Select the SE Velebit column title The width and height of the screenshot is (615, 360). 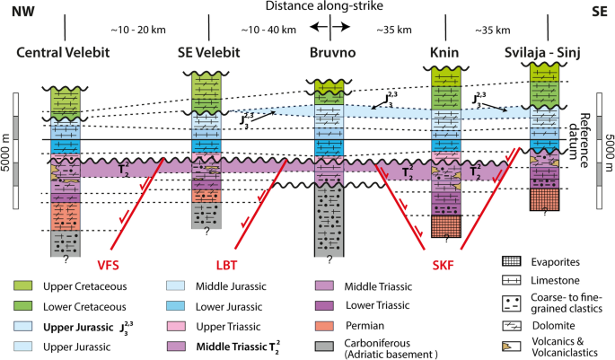(x=215, y=54)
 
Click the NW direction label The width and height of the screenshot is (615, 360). (x=17, y=13)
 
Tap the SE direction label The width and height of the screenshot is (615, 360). (x=598, y=13)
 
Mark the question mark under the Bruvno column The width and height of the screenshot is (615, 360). (x=330, y=260)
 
